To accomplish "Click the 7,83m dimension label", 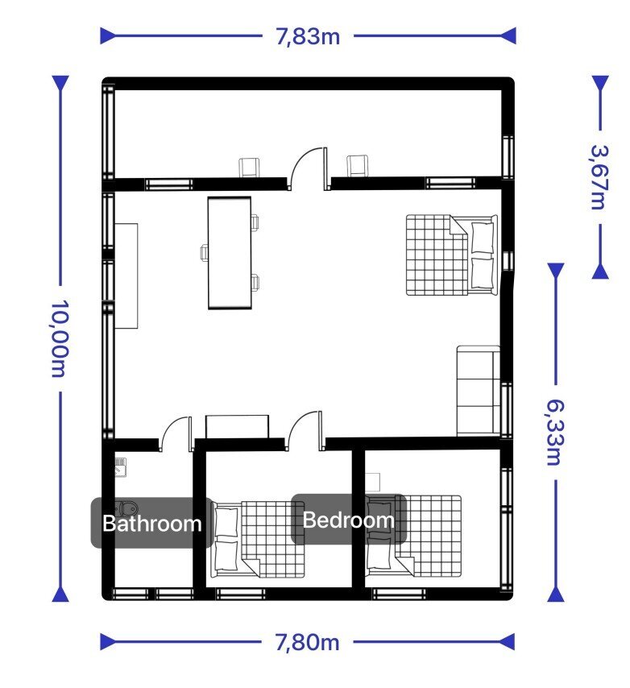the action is [308, 36].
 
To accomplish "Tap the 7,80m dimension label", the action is [308, 642].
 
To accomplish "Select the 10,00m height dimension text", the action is [60, 338].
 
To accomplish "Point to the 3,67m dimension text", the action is [599, 176].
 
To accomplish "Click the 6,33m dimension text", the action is [555, 432].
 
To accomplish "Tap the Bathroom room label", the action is [151, 524].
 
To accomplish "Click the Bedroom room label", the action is [348, 520].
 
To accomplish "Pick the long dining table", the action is [230, 253].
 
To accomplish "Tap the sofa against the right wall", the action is [479, 391].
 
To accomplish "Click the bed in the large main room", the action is [452, 255].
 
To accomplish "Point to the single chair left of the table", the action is [204, 253].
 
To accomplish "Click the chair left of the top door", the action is [249, 168].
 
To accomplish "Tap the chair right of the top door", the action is [358, 166].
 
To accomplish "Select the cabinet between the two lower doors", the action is [237, 426].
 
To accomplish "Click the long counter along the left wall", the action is [126, 276].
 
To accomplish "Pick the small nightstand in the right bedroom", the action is [372, 483].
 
